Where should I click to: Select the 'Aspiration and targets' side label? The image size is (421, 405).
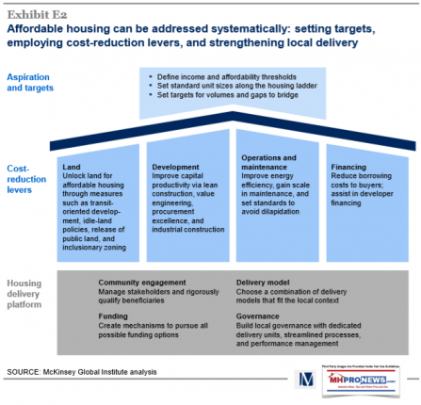pos(31,83)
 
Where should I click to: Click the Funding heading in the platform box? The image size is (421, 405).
pos(113,317)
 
